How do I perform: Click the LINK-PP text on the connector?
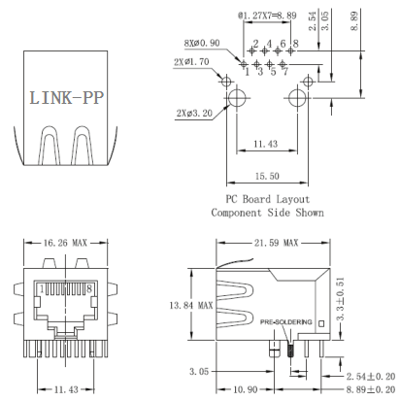pos(66,98)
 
